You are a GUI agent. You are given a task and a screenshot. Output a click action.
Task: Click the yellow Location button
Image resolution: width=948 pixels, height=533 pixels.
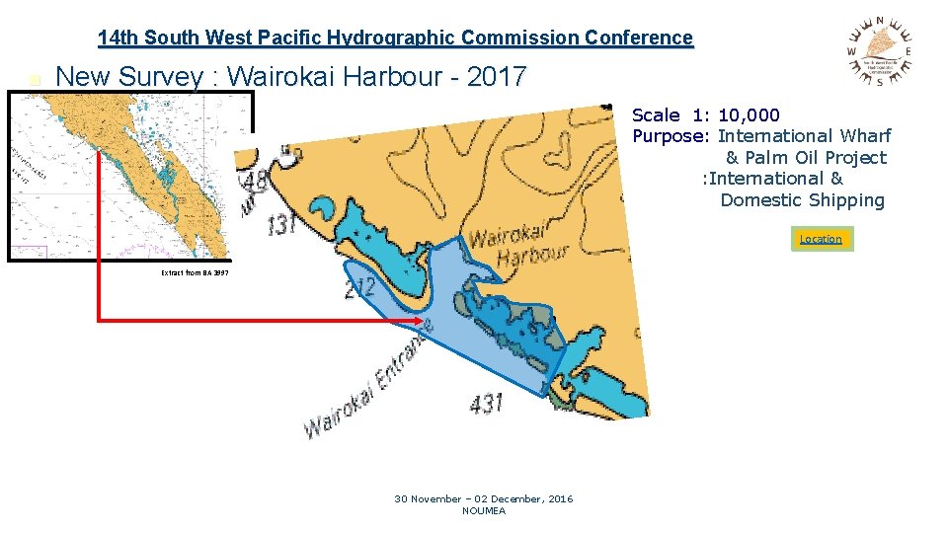[x=821, y=239]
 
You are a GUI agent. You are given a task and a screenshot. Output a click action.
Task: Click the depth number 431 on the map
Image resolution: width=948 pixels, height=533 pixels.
[x=486, y=403]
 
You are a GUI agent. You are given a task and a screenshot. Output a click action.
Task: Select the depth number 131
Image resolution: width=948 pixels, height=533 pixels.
[x=282, y=226]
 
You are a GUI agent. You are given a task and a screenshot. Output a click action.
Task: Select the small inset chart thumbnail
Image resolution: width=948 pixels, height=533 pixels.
[x=118, y=176]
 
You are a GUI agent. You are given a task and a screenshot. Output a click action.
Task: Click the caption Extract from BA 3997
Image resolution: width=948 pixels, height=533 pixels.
[x=195, y=272]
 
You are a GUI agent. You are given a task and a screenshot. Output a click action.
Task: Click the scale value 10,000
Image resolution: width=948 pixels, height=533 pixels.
[x=749, y=115]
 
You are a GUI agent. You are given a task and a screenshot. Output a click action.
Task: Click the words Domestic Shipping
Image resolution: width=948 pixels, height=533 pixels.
[x=802, y=200]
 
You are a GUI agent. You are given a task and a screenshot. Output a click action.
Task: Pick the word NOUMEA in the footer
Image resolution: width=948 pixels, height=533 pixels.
[x=483, y=510]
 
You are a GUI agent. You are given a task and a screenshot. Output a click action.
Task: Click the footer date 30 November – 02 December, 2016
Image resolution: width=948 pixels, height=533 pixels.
[x=483, y=498]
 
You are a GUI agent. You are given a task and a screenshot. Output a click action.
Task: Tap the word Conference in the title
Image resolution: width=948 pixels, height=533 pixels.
[x=638, y=38]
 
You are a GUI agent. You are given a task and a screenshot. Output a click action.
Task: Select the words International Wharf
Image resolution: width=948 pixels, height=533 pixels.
[x=804, y=136]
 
